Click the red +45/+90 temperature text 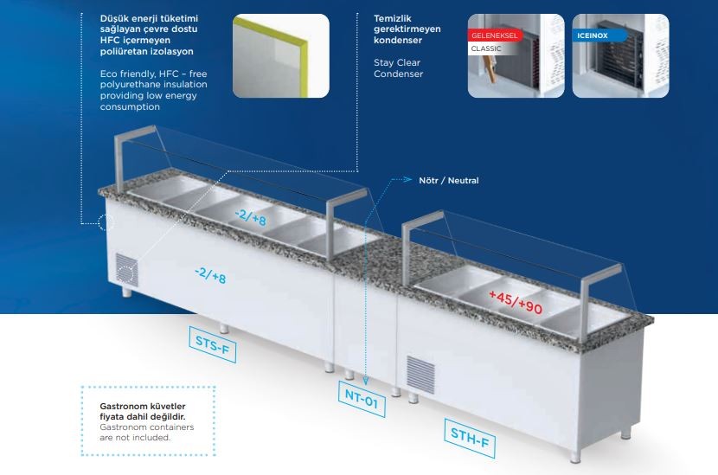click(x=516, y=302)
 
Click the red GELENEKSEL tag click(x=494, y=36)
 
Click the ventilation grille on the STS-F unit click(x=127, y=269)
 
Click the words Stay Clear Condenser click(x=398, y=68)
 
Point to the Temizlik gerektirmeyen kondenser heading click(x=407, y=29)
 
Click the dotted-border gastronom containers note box click(x=147, y=420)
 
